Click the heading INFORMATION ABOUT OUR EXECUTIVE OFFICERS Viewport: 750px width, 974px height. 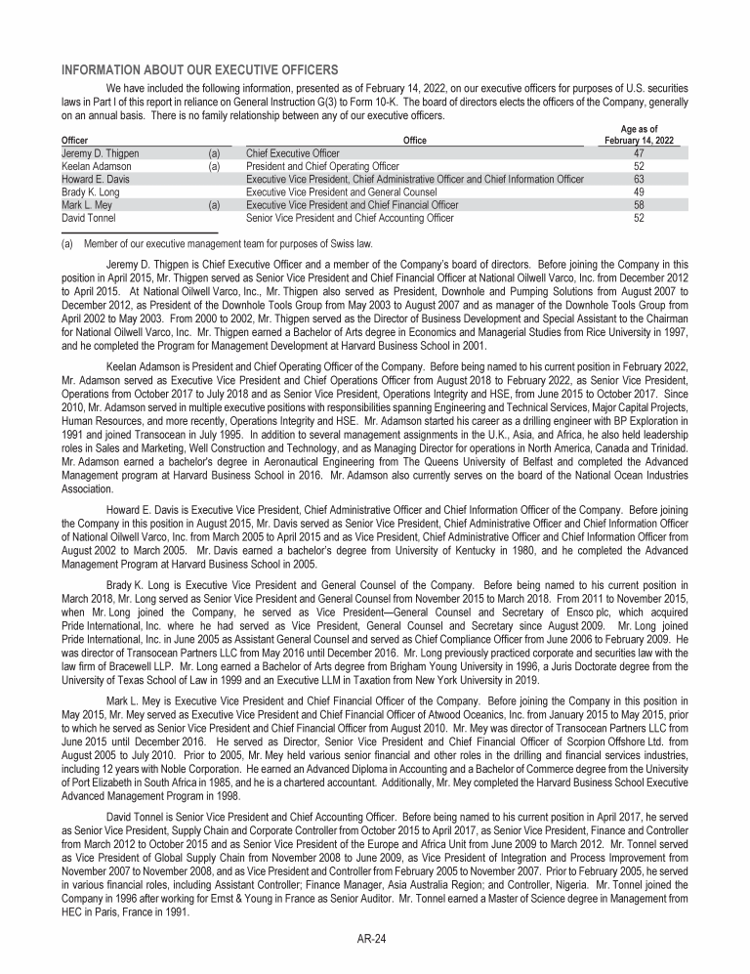[x=199, y=69]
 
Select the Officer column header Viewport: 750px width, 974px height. [x=74, y=141]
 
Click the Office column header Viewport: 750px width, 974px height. [x=414, y=141]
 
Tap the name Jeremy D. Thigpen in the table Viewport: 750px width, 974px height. [x=100, y=153]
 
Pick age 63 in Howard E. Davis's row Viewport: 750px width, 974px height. [x=639, y=179]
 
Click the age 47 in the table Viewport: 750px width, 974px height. [x=639, y=153]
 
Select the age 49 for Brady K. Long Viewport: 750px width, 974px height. [x=639, y=192]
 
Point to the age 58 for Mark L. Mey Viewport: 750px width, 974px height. [x=639, y=205]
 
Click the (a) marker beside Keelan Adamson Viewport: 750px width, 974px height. [x=214, y=166]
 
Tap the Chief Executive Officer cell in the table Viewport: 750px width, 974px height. [x=293, y=153]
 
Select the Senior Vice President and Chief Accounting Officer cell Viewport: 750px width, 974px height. [x=350, y=218]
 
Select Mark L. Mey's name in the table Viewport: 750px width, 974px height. [x=87, y=205]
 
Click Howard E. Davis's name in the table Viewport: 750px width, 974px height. [x=94, y=179]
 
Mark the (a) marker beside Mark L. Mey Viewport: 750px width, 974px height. [x=214, y=205]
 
